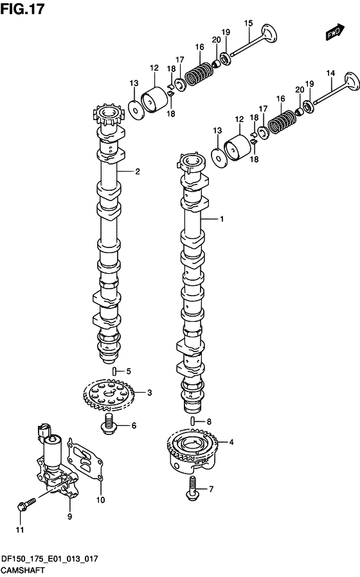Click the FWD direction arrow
(334, 32)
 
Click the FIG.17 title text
(22, 8)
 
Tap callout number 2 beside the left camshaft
(138, 171)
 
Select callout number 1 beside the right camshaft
(222, 219)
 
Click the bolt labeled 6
(108, 424)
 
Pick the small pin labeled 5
(114, 370)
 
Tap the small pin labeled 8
(192, 421)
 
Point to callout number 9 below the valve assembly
(69, 517)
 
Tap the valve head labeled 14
(351, 82)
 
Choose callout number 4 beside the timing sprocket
(231, 442)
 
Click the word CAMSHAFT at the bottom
(23, 570)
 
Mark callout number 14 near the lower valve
(330, 73)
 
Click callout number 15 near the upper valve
(249, 23)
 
